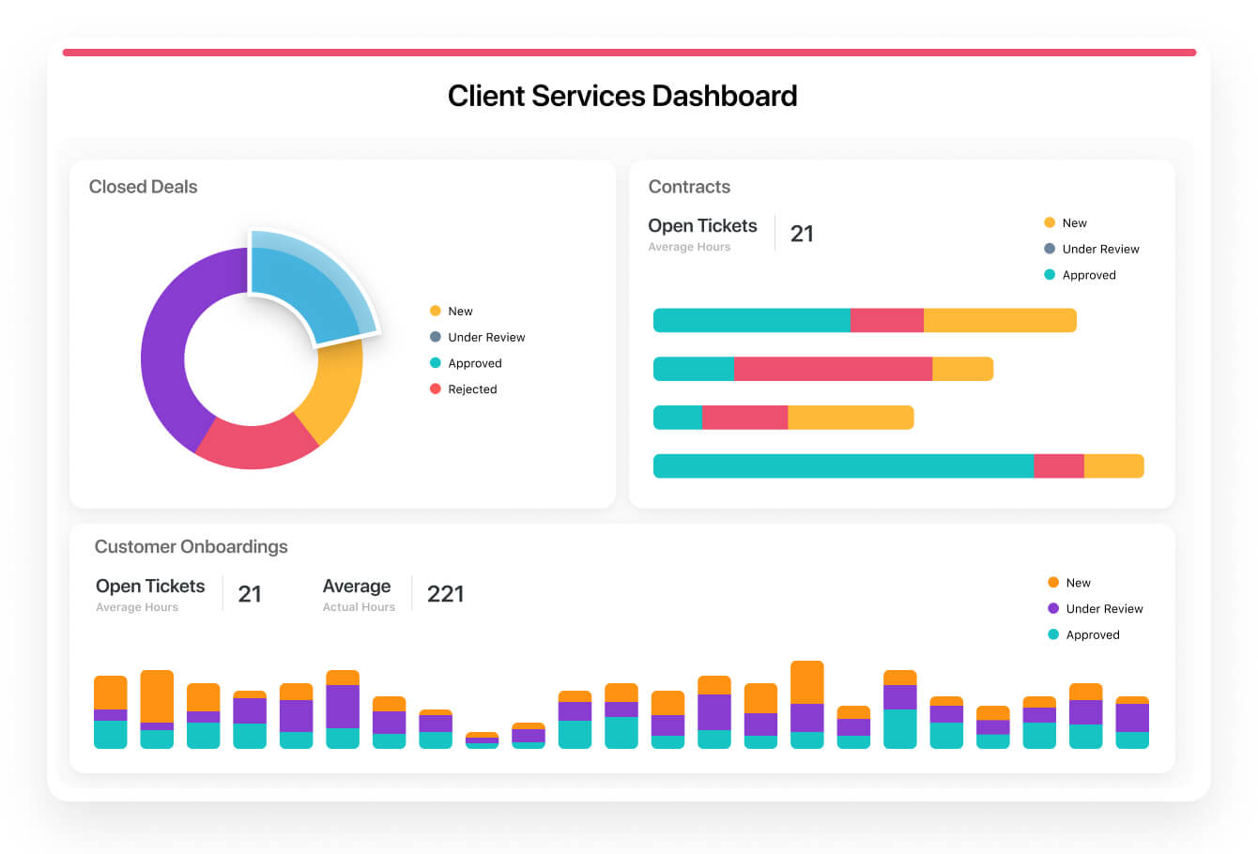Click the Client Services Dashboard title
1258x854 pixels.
622,96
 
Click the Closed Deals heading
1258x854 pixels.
143,187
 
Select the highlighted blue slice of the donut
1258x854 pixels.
310,286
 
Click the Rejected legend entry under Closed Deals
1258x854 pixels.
471,389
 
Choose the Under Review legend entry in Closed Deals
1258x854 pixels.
485,337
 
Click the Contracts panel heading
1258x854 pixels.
689,187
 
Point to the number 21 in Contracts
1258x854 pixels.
802,234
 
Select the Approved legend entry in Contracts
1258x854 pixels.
1088,275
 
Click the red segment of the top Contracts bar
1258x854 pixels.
886,320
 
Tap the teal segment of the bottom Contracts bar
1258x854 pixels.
842,465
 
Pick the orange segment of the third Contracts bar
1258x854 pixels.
850,418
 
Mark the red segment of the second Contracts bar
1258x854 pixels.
833,369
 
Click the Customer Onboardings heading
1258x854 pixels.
191,546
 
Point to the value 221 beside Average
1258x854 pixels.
445,594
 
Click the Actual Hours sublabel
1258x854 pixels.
359,607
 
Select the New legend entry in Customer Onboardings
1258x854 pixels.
1077,583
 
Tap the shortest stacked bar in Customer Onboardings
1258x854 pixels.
482,740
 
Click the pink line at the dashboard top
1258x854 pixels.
629,53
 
